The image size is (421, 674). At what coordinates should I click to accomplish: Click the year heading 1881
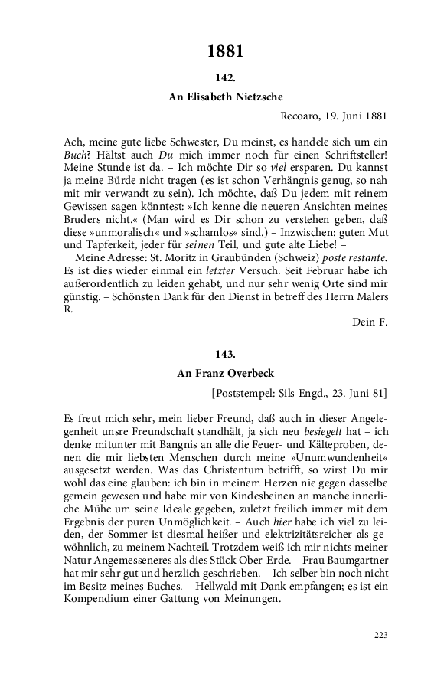[225, 52]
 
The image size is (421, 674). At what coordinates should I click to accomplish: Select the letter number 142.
[225, 78]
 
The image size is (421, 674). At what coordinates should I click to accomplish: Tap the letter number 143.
[225, 354]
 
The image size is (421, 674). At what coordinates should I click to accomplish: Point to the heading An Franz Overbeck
[225, 373]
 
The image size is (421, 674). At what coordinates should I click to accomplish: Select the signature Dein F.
[370, 322]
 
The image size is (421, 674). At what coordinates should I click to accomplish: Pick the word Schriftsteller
[353, 155]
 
